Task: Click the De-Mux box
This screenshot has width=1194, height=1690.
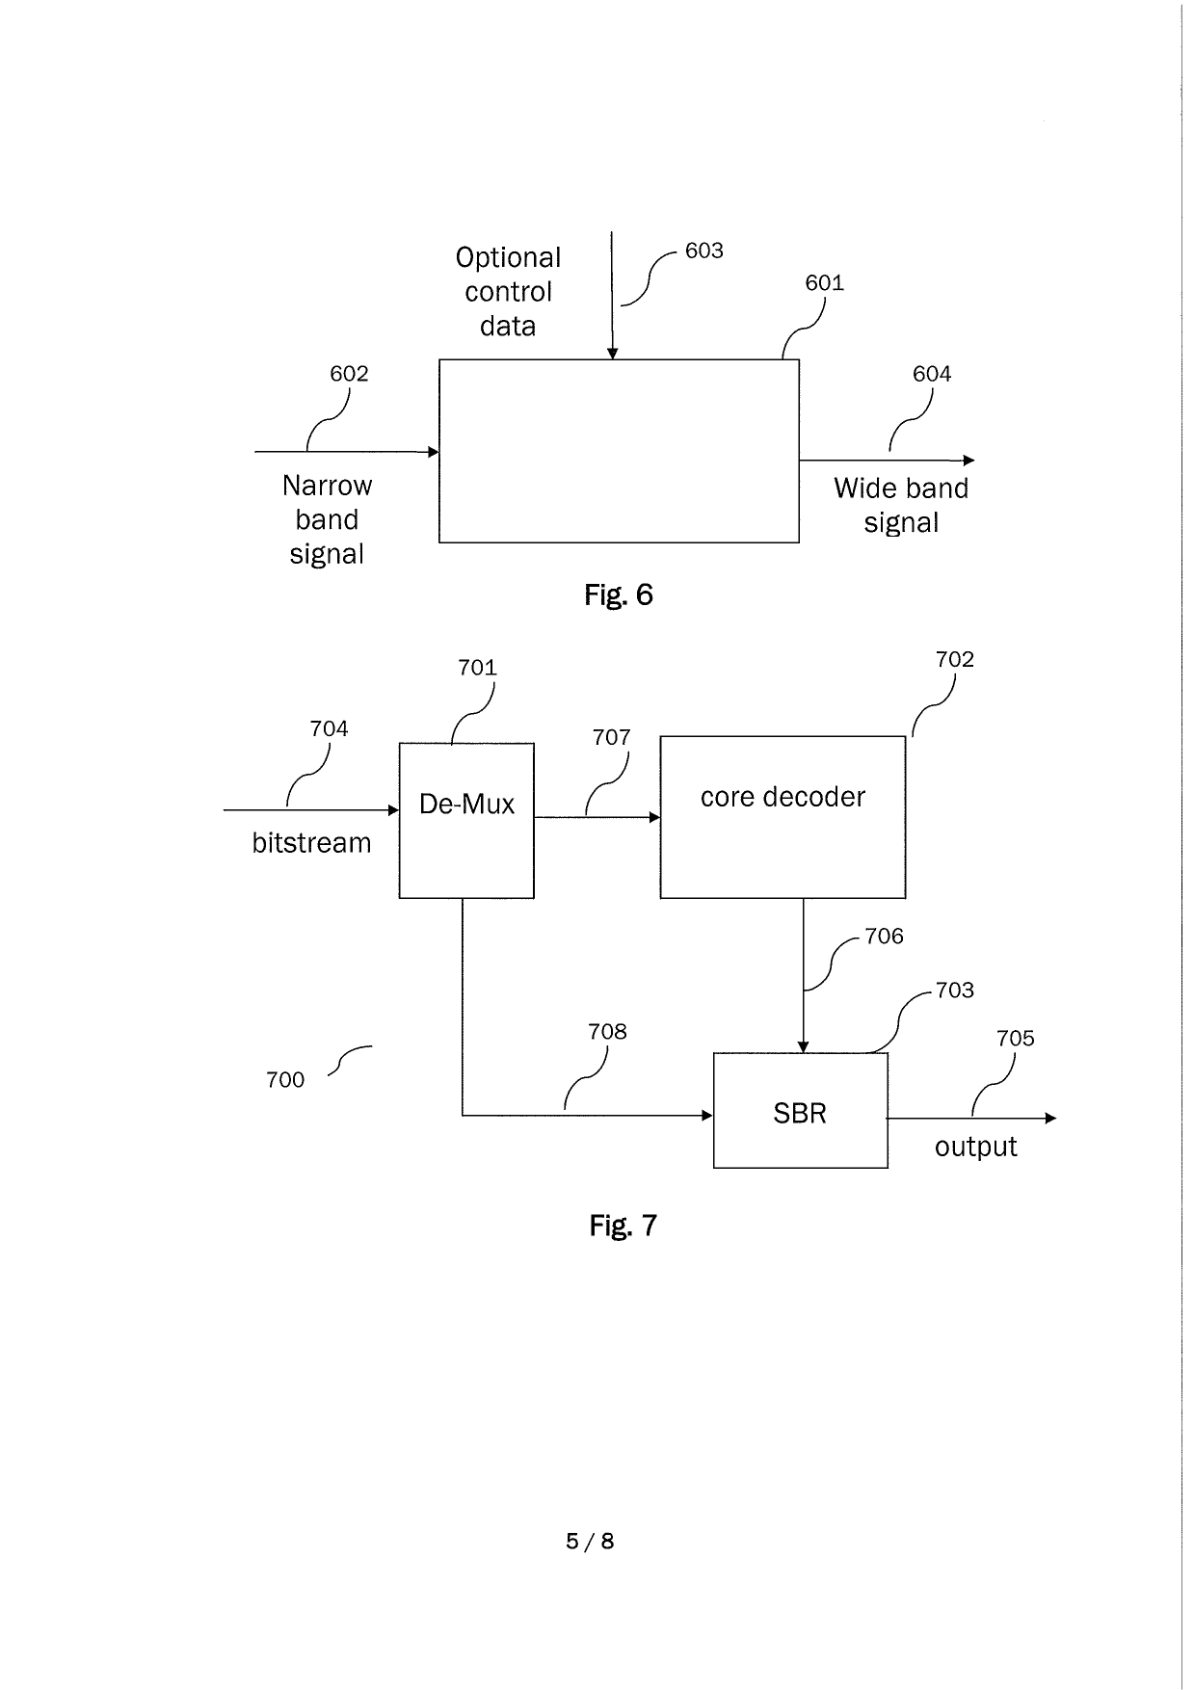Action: (466, 820)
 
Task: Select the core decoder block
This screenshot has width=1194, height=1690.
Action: (782, 816)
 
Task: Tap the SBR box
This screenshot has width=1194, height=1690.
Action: (800, 1111)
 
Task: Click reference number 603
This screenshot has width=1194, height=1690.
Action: (703, 251)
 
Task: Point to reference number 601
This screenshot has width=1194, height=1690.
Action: (824, 282)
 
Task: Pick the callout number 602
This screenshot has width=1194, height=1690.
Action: (349, 374)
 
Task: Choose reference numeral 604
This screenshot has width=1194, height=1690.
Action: (931, 374)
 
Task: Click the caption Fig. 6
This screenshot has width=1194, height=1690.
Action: (618, 594)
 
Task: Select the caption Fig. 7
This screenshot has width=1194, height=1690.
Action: (623, 1226)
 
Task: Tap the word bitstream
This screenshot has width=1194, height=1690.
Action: (311, 843)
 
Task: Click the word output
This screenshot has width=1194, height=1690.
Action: (975, 1147)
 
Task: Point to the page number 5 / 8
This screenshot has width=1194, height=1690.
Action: (590, 1541)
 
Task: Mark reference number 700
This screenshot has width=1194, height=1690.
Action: (285, 1079)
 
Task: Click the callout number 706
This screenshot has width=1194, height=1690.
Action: (884, 937)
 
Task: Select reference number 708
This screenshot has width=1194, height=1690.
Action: (607, 1032)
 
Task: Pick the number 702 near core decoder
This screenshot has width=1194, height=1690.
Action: (954, 659)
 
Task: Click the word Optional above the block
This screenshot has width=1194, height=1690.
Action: (508, 258)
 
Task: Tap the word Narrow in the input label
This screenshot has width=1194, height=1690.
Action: (327, 486)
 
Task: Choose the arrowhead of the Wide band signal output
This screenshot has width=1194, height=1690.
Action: (969, 461)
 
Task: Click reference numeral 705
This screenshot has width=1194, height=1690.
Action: (1015, 1038)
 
